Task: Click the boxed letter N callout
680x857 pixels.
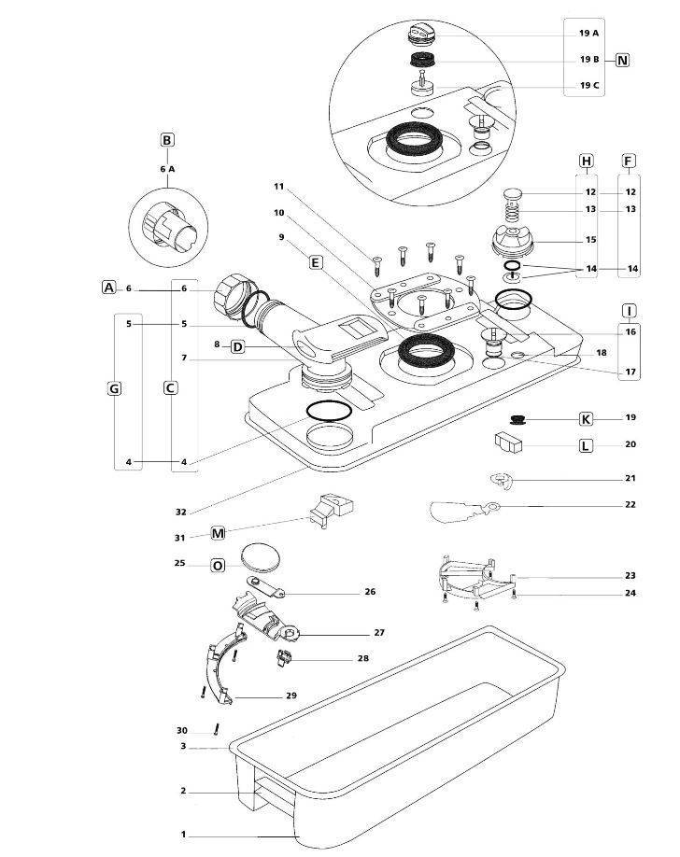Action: tap(622, 60)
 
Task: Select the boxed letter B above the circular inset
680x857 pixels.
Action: tap(167, 141)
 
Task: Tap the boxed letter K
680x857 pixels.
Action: tap(587, 418)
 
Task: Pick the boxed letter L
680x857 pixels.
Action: tap(587, 445)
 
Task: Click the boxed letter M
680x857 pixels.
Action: tap(218, 533)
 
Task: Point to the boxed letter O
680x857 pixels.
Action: tap(218, 565)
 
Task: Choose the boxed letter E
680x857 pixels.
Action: tap(316, 264)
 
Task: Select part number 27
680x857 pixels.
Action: tap(379, 633)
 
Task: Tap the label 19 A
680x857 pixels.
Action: tap(588, 33)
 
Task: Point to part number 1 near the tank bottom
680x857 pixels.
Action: tap(184, 834)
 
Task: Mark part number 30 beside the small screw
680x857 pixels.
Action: tap(181, 730)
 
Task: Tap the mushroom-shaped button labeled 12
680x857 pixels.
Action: tap(514, 194)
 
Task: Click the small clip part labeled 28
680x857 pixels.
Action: tap(284, 659)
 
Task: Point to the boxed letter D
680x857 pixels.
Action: tap(237, 346)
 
